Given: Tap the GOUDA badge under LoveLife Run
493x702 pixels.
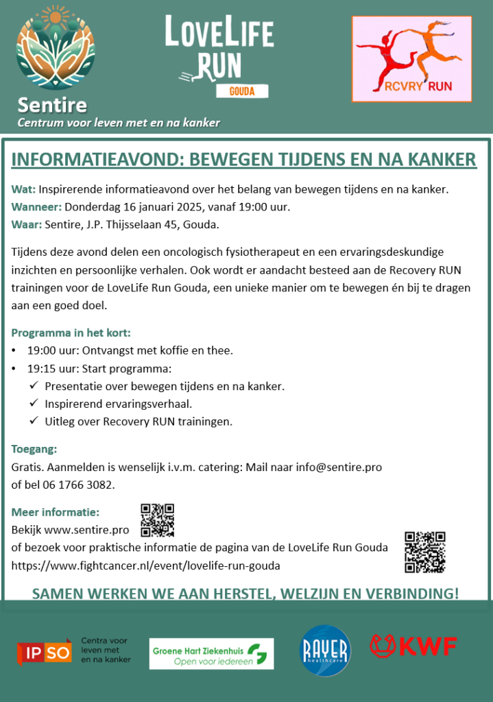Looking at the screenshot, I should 239,91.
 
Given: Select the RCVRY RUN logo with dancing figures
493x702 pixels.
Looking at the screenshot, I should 411,59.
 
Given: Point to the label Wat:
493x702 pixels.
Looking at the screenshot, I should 23,189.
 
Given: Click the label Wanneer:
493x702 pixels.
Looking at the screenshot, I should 36,206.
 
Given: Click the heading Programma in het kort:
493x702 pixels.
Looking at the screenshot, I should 71,333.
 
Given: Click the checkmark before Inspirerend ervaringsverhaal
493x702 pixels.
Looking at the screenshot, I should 33,404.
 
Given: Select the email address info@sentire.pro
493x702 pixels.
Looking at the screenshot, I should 339,467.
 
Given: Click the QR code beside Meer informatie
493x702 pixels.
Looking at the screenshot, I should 157,520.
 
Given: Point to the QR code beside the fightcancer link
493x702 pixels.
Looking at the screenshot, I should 424,552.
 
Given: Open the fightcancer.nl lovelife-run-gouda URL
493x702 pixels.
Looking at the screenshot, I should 145,566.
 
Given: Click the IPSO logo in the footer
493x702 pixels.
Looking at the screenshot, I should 45,651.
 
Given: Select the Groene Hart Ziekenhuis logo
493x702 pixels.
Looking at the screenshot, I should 211,653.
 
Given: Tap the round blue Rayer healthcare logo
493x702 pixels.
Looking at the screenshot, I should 325,651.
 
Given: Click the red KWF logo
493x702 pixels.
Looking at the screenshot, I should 413,646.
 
